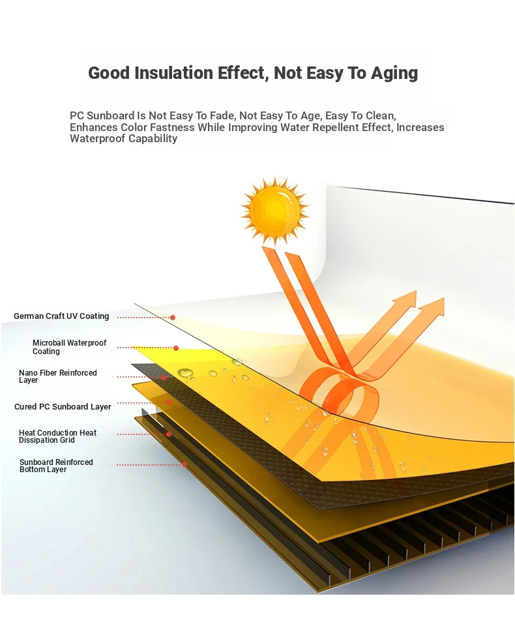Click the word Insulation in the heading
click(174, 73)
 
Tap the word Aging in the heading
click(394, 74)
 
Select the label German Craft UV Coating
click(61, 316)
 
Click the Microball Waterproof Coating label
click(69, 347)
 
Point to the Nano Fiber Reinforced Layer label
click(57, 376)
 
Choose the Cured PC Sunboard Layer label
click(63, 406)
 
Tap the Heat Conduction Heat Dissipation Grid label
click(57, 436)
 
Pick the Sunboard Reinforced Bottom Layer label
click(56, 466)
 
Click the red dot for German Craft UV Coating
click(173, 318)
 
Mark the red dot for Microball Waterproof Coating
click(176, 348)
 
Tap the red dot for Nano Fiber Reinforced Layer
click(164, 378)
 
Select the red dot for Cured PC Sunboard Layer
click(169, 402)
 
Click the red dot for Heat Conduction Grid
click(169, 434)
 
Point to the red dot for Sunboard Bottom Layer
click(184, 464)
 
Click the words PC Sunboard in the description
click(102, 115)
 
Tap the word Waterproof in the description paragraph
click(94, 138)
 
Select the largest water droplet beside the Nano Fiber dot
click(185, 373)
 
